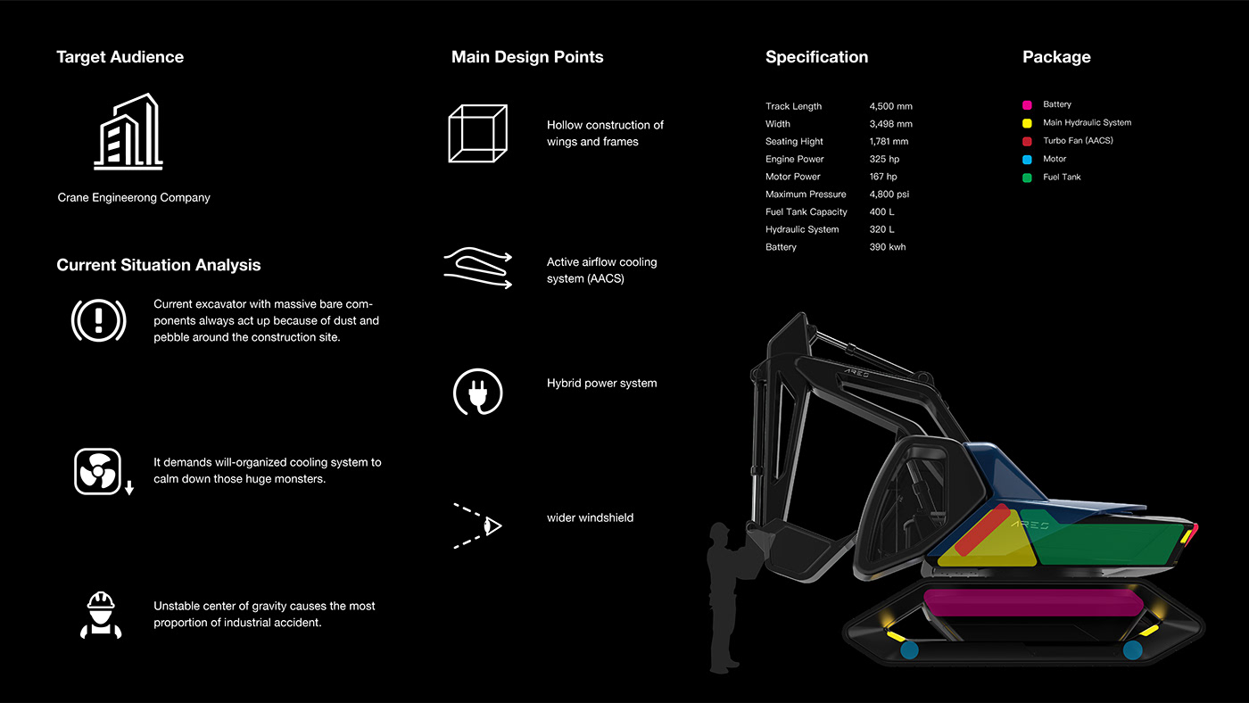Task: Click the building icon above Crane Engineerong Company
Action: (128, 132)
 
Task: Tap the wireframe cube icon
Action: (477, 134)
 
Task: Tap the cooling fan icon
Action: (97, 471)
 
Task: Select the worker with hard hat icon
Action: (98, 614)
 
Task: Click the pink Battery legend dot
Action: (1027, 105)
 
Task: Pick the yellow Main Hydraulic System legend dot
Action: (1027, 123)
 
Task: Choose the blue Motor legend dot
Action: (1027, 160)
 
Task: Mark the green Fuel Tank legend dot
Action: (1027, 178)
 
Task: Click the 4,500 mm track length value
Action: (890, 106)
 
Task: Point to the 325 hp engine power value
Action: (884, 159)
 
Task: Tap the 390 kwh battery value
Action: (887, 247)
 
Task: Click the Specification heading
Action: (816, 57)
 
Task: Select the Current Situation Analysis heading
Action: (159, 265)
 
